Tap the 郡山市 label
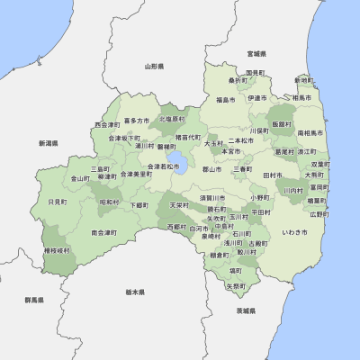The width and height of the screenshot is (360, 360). click(212, 168)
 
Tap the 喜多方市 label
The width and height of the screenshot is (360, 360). click(137, 120)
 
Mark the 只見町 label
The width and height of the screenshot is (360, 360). click(57, 202)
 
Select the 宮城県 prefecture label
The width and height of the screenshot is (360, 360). click(256, 53)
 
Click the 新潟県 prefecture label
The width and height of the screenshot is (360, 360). click(48, 142)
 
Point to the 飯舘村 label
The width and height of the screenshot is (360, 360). click(282, 123)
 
